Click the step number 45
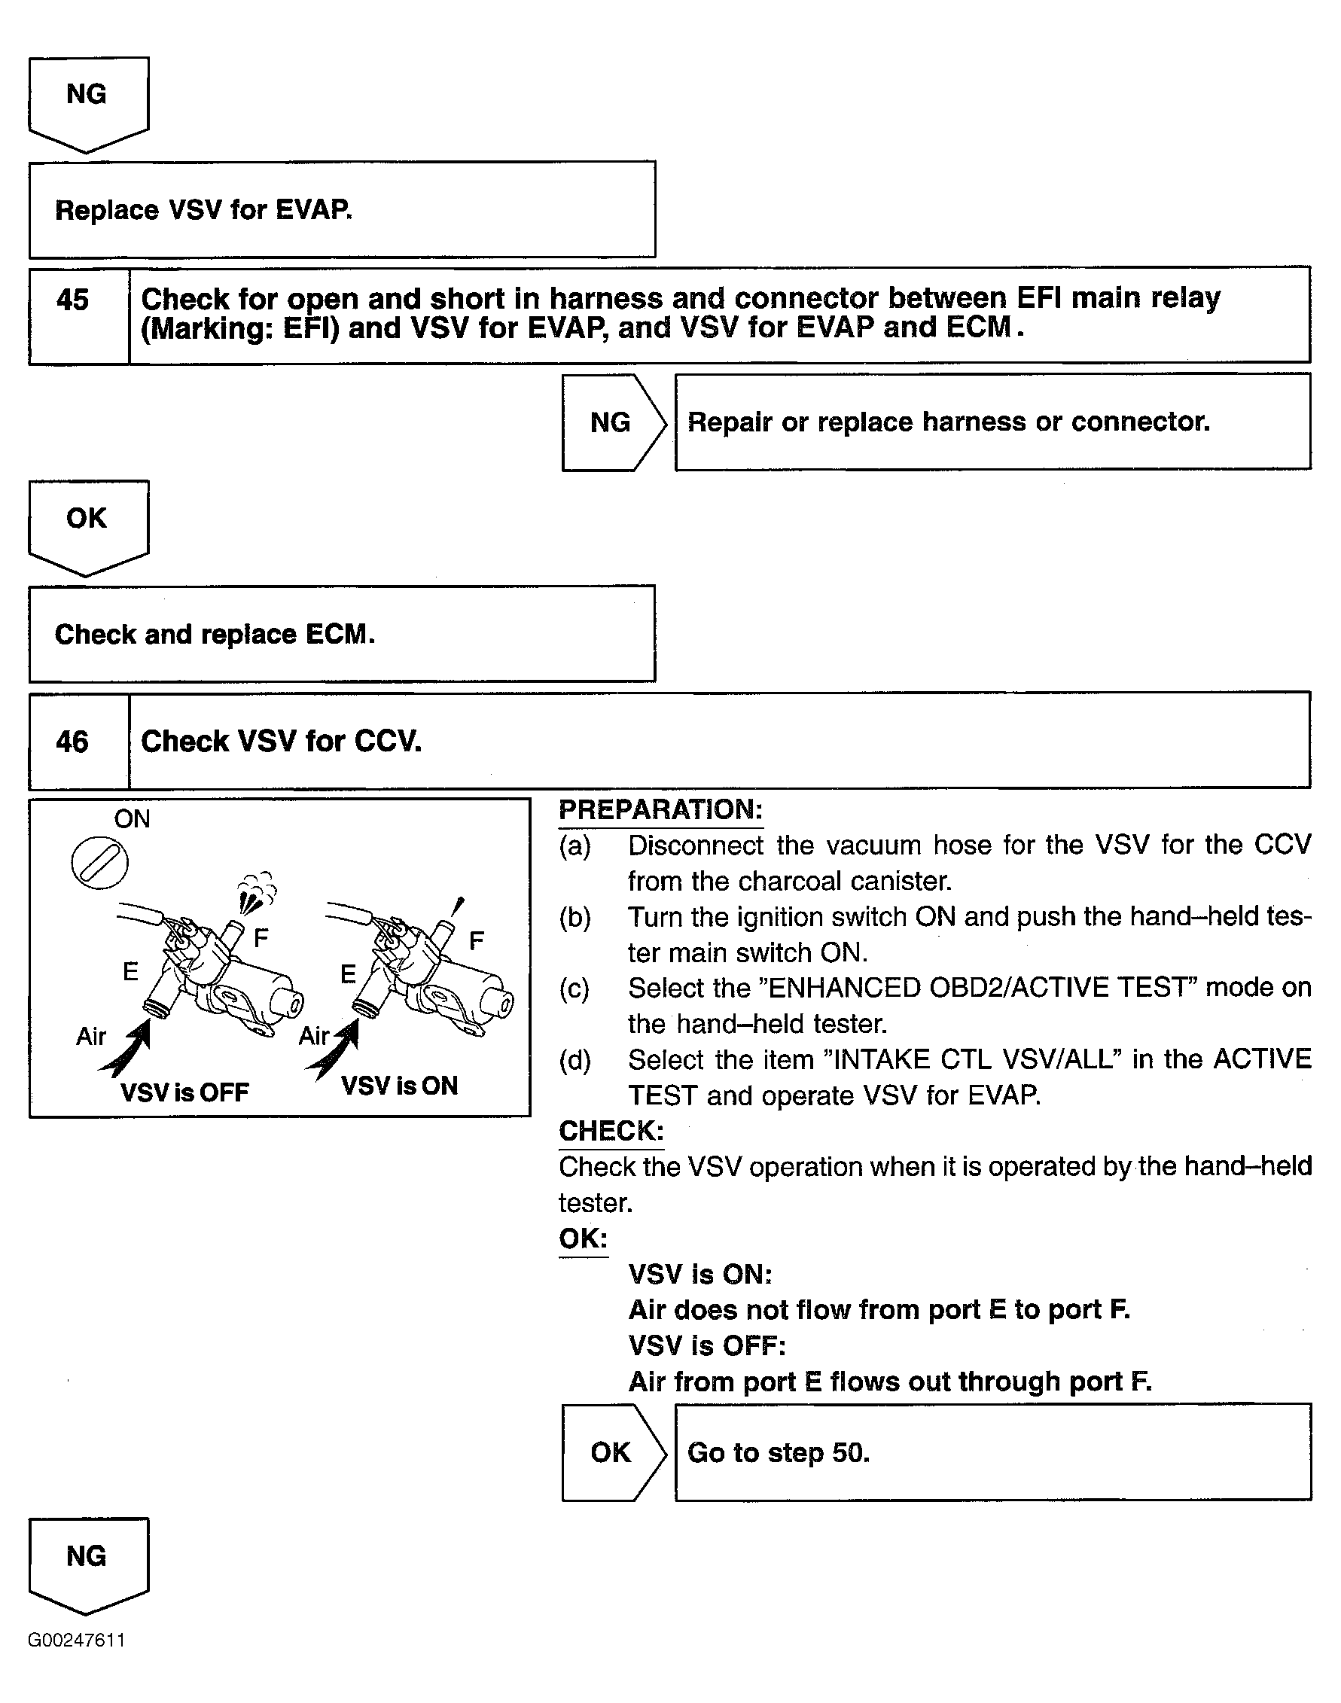pyautogui.click(x=72, y=300)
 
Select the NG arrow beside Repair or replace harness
pyautogui.click(x=611, y=422)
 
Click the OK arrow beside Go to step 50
pyautogui.click(x=611, y=1452)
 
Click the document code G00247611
pyautogui.click(x=76, y=1641)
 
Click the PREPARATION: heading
pyautogui.click(x=660, y=810)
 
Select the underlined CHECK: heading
pyautogui.click(x=611, y=1131)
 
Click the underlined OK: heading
pyautogui.click(x=584, y=1238)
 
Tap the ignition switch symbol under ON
pyautogui.click(x=99, y=863)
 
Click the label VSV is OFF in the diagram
pyautogui.click(x=184, y=1092)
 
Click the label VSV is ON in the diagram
pyautogui.click(x=399, y=1086)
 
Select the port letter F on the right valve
pyautogui.click(x=476, y=940)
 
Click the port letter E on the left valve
pyautogui.click(x=130, y=972)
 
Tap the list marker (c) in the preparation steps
pyautogui.click(x=574, y=989)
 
